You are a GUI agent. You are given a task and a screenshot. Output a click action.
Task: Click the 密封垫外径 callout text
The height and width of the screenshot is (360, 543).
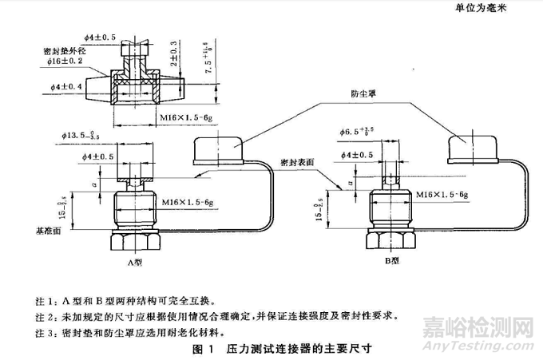click(65, 48)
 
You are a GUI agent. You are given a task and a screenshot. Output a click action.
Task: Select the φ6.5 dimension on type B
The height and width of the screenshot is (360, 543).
click(359, 130)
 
